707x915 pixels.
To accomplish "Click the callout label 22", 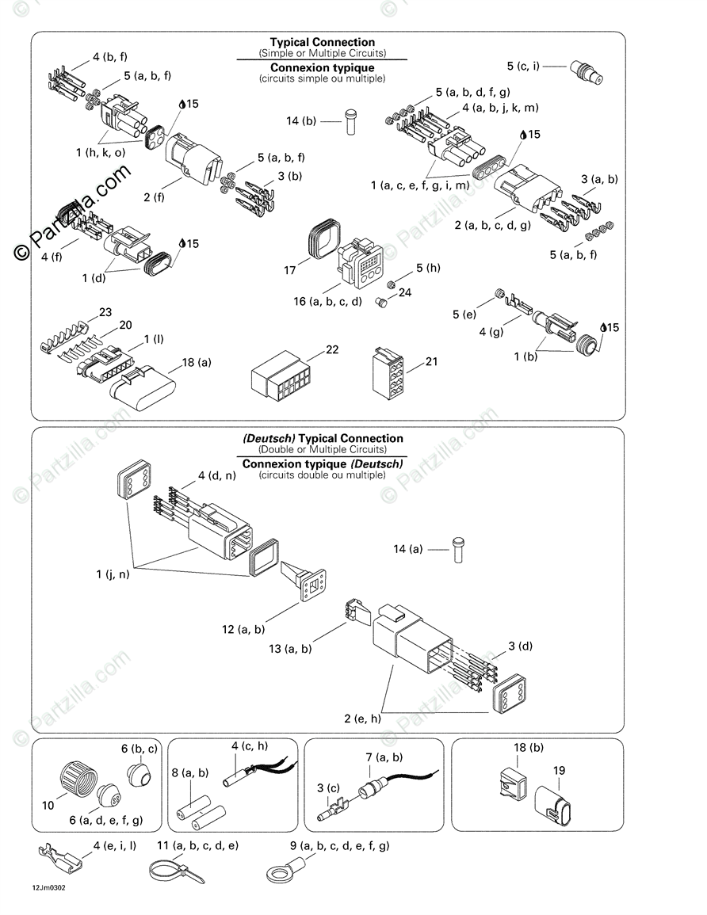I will tap(331, 350).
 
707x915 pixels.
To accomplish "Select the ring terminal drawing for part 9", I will tap(285, 869).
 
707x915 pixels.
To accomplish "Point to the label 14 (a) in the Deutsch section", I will tap(408, 548).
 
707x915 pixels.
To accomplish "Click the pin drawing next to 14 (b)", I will tap(350, 122).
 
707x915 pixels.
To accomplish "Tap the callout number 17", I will tap(290, 271).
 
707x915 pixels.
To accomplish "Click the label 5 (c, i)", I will tap(523, 66).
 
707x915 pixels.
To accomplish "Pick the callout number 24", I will tap(405, 292).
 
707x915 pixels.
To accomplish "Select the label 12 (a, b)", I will tap(243, 630).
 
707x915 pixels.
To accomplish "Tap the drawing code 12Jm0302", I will tap(49, 888).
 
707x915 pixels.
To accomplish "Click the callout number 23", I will tap(105, 311).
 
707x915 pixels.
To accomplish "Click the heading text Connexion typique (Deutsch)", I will tap(323, 463).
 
